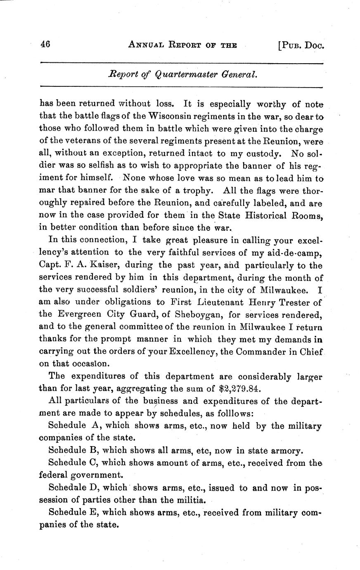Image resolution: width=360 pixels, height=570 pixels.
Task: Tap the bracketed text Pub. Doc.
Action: tap(301, 45)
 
